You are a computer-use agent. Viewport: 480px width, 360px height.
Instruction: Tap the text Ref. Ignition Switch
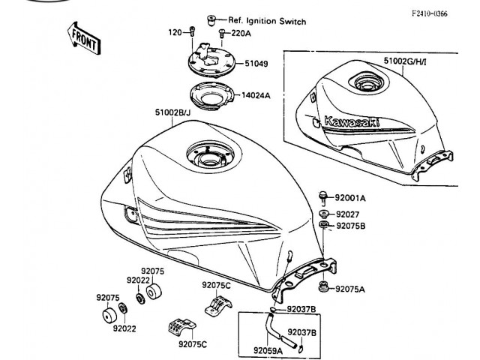pos(267,22)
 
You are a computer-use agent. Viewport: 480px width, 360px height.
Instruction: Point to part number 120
pos(175,33)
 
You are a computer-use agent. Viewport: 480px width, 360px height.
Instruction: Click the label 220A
pos(241,34)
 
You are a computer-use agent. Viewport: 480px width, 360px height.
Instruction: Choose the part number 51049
pos(256,64)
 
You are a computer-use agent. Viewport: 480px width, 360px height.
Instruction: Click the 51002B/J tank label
pos(172,112)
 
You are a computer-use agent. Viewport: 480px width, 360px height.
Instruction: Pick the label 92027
pos(347,214)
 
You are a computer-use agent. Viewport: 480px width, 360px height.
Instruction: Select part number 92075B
pos(351,225)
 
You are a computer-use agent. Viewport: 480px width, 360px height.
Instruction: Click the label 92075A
pos(351,289)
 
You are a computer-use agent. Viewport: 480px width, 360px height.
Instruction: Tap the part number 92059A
pos(268,349)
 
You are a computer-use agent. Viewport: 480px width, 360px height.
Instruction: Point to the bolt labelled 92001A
pos(322,196)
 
